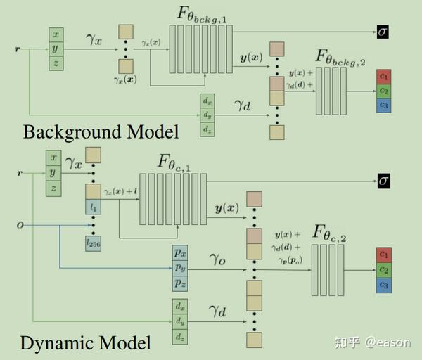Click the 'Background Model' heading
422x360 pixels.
click(100, 131)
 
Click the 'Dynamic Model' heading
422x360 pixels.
click(85, 343)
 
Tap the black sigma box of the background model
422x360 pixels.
click(382, 32)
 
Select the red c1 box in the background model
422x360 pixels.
click(383, 76)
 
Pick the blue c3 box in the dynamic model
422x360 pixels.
click(384, 285)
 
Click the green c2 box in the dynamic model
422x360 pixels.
click(384, 269)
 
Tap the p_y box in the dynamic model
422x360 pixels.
click(180, 267)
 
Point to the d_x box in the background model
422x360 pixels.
click(207, 100)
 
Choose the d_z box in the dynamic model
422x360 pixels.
click(180, 338)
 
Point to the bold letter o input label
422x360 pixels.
click(20, 225)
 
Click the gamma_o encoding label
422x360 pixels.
click(217, 259)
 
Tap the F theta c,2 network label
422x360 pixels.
click(331, 231)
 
